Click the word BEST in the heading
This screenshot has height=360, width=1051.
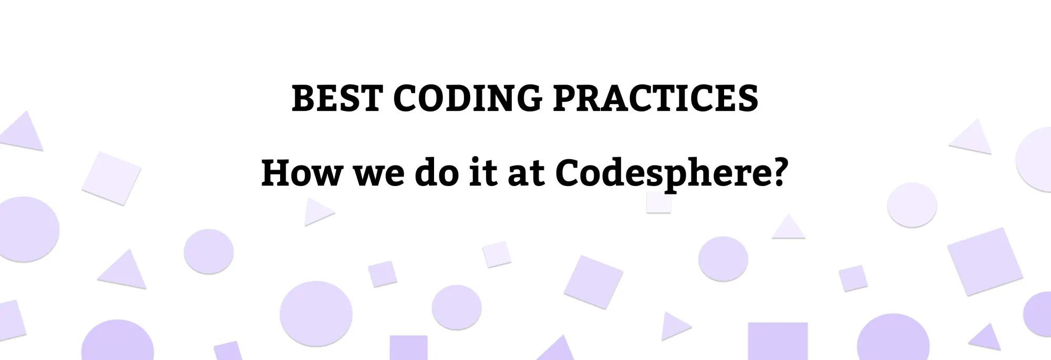pyautogui.click(x=336, y=98)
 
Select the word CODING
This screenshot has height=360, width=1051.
pyautogui.click(x=467, y=98)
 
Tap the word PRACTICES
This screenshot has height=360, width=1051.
pyautogui.click(x=655, y=98)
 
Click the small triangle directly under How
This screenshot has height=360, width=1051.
pyautogui.click(x=316, y=211)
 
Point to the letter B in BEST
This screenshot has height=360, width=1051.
pyautogui.click(x=303, y=98)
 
